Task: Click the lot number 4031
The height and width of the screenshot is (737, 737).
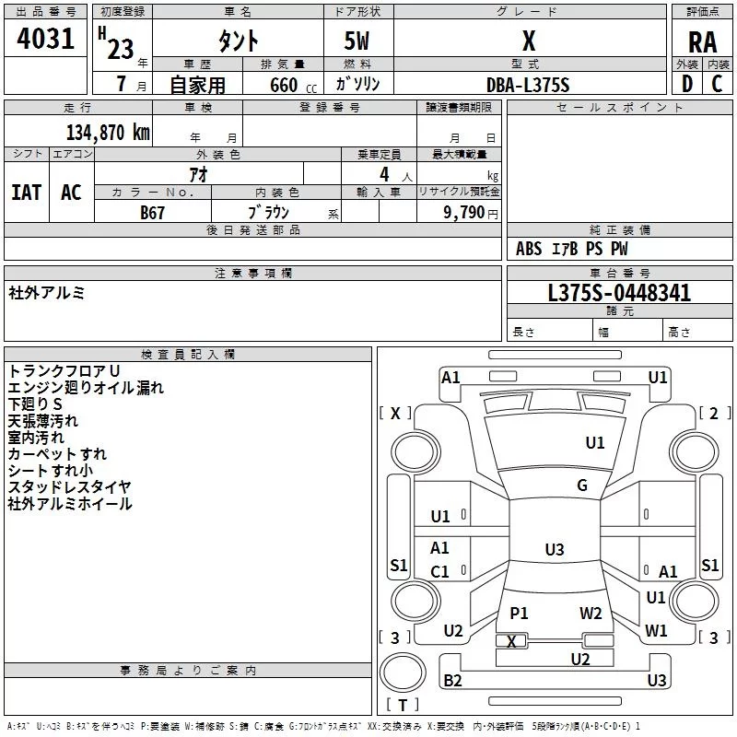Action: (45, 39)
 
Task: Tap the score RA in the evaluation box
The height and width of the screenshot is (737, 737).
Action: (702, 42)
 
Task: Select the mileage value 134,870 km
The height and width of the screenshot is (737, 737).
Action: (108, 132)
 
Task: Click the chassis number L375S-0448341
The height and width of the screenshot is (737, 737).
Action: (619, 293)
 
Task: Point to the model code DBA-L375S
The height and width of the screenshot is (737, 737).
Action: (528, 85)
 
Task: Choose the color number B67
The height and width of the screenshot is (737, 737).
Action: (152, 213)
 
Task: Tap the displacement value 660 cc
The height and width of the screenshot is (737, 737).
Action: (293, 86)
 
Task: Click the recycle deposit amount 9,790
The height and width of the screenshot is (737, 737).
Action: (463, 213)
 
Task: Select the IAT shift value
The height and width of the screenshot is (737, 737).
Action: (27, 193)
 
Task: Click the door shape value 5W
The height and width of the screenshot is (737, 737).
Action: (357, 41)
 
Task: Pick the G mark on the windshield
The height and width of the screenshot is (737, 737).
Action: (582, 485)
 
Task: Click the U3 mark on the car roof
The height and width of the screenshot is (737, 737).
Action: (555, 549)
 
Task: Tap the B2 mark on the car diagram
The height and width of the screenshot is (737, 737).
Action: (452, 680)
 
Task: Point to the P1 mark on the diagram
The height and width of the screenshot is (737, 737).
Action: (519, 613)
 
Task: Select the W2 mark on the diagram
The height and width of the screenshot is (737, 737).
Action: (591, 613)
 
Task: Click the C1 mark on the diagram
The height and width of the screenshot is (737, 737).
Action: (439, 571)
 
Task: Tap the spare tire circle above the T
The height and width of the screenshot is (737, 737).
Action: (403, 673)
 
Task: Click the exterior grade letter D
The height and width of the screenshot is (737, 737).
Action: (687, 84)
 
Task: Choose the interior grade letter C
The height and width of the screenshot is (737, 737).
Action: (717, 84)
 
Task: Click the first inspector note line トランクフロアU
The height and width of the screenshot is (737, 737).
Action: (64, 371)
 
